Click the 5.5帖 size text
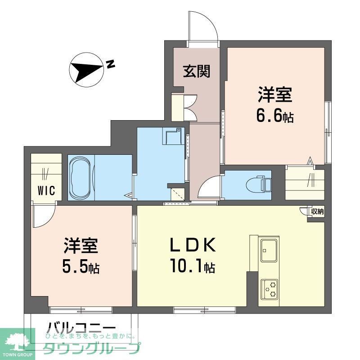[x=81, y=268]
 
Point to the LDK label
[x=193, y=246]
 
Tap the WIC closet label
[x=46, y=191]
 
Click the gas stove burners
[x=269, y=288]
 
